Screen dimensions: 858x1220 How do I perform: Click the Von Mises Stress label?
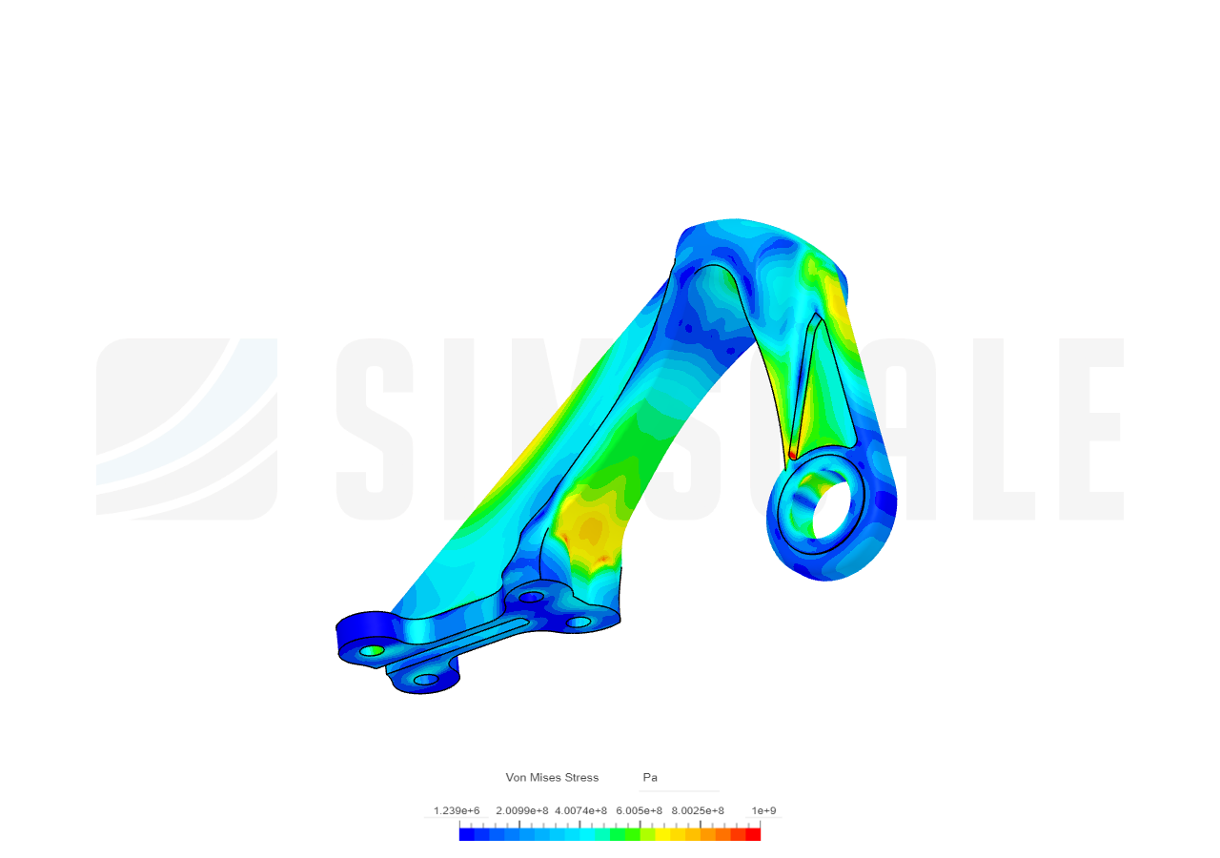click(x=552, y=778)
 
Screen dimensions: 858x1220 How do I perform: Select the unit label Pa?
click(x=650, y=778)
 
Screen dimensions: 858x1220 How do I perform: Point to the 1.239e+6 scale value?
click(x=457, y=811)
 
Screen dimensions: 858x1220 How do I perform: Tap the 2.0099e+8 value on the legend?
click(x=521, y=811)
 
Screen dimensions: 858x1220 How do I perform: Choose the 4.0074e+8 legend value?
click(x=581, y=811)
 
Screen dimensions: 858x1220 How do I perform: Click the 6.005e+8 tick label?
click(x=639, y=811)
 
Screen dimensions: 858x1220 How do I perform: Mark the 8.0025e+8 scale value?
click(x=698, y=811)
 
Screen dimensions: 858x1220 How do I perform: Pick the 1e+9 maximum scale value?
click(x=763, y=811)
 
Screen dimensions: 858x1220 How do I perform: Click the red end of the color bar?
click(x=754, y=834)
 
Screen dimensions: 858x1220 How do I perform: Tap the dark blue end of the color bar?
click(x=466, y=834)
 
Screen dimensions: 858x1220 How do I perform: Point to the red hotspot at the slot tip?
click(x=792, y=455)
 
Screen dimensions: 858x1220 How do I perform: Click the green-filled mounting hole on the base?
click(x=372, y=650)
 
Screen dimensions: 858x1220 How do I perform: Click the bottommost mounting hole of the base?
click(x=426, y=680)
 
